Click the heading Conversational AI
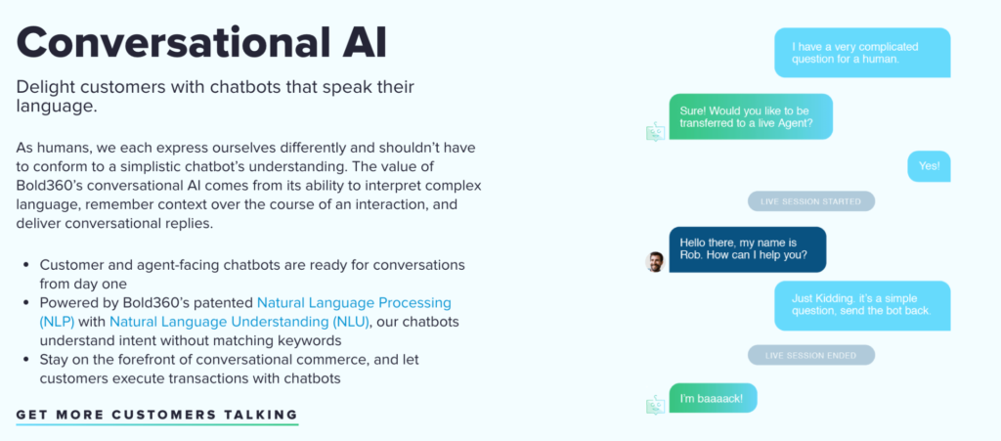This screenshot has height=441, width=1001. coord(201,42)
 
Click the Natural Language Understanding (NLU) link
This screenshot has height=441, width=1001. coord(239,321)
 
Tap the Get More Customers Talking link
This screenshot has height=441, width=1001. coord(157,415)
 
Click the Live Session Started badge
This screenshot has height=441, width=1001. coord(810,201)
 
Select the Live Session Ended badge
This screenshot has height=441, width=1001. coord(810,355)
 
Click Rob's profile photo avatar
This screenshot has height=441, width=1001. coord(654,262)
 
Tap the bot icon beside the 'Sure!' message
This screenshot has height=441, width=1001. coord(656,131)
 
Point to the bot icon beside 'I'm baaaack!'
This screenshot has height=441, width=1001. coord(656,405)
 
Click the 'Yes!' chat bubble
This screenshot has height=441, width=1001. coord(929,166)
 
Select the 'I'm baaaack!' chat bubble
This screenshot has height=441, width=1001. coord(713,398)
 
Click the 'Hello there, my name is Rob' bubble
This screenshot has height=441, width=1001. coord(748,249)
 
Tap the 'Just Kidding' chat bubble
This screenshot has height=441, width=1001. coord(862,305)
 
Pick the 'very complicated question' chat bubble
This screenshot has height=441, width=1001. coord(862,53)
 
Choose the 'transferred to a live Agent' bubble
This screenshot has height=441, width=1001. coord(751,116)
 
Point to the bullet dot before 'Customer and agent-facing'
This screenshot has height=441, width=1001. coord(25,264)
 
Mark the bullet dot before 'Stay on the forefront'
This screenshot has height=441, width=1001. coord(25,359)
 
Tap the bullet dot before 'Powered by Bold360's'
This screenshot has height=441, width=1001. coord(25,302)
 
